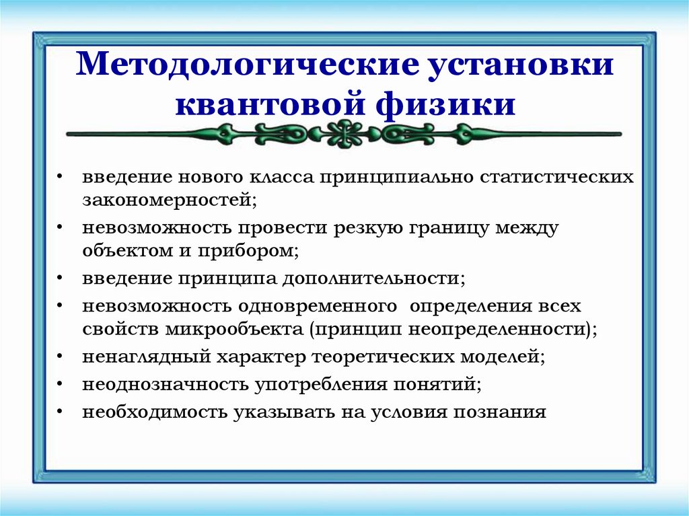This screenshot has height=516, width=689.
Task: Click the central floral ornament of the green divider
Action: (344, 133)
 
